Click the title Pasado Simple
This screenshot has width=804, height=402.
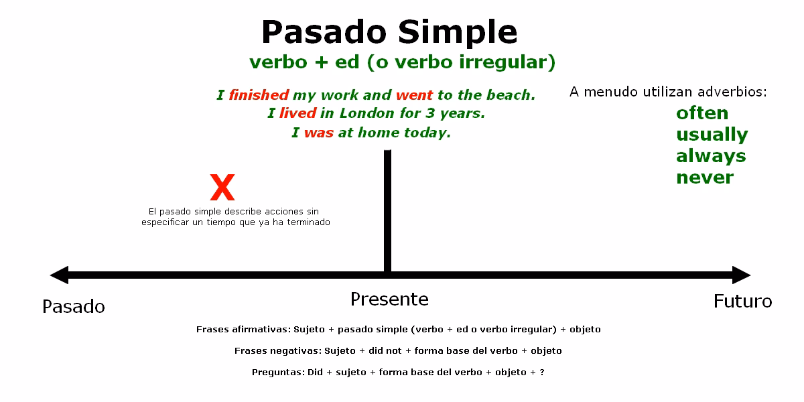(x=389, y=31)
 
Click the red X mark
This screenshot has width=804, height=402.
(x=222, y=188)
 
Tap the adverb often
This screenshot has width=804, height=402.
(x=701, y=113)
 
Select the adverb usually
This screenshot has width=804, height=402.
(x=712, y=134)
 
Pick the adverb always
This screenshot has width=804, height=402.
(x=711, y=155)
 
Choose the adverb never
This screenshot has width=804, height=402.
(x=704, y=177)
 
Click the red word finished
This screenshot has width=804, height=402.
(x=259, y=95)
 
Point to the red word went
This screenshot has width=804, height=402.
(x=414, y=95)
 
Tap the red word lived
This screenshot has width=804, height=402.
(x=297, y=114)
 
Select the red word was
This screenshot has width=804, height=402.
(x=319, y=133)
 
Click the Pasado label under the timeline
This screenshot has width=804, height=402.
(x=74, y=306)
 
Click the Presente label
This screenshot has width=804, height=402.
(x=389, y=299)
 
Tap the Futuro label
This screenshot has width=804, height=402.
(x=742, y=301)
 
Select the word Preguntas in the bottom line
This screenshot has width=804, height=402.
(x=277, y=372)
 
